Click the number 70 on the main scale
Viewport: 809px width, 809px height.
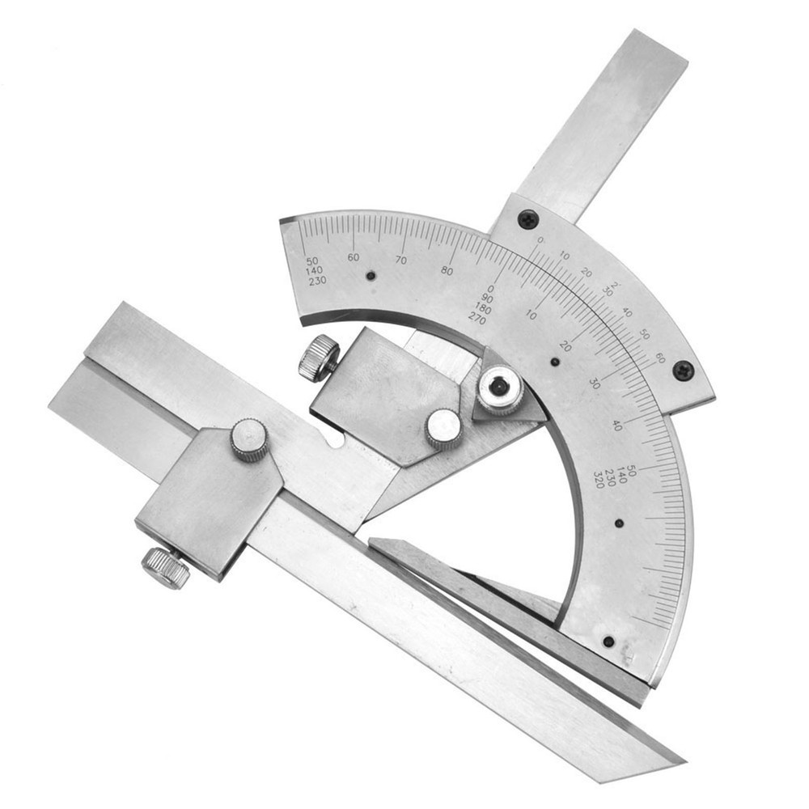point(401,260)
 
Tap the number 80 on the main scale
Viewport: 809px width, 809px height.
point(447,271)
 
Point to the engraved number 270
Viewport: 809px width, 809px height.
point(477,320)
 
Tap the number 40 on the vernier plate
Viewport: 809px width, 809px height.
point(627,312)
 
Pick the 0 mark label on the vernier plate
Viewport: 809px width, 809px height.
point(540,240)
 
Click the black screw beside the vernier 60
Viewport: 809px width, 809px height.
point(684,370)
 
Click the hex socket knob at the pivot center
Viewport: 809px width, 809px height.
point(499,389)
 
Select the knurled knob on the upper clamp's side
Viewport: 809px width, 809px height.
point(319,357)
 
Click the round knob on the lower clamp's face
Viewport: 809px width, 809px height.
point(249,439)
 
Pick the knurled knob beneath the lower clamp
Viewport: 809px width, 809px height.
point(166,567)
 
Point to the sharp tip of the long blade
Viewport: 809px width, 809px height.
point(682,760)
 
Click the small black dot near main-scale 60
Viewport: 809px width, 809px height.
point(371,276)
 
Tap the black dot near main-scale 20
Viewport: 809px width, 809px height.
point(555,362)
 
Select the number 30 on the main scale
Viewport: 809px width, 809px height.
point(595,383)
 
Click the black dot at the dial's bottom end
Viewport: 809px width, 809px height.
point(608,642)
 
